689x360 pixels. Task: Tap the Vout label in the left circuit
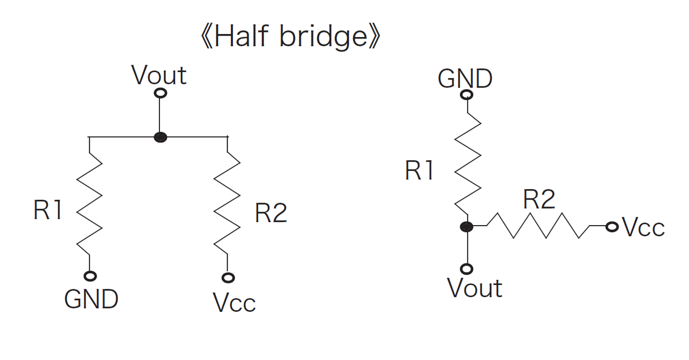[159, 76]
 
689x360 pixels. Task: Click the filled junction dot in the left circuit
[160, 138]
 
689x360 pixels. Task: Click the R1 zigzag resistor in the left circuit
[90, 202]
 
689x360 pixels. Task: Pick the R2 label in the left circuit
[271, 213]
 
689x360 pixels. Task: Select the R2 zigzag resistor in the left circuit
[228, 202]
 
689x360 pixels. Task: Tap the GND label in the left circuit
[91, 299]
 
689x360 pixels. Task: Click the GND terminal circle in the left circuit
[90, 276]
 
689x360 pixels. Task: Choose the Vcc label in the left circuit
[234, 303]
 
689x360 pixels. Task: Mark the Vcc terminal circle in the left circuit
[228, 278]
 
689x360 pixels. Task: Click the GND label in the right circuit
[464, 78]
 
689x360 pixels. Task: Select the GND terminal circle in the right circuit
[467, 95]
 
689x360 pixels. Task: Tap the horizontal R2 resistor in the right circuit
[538, 226]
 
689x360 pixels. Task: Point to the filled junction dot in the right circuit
[467, 227]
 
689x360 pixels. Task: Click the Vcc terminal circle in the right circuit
[612, 227]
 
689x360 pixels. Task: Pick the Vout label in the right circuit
[475, 288]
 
